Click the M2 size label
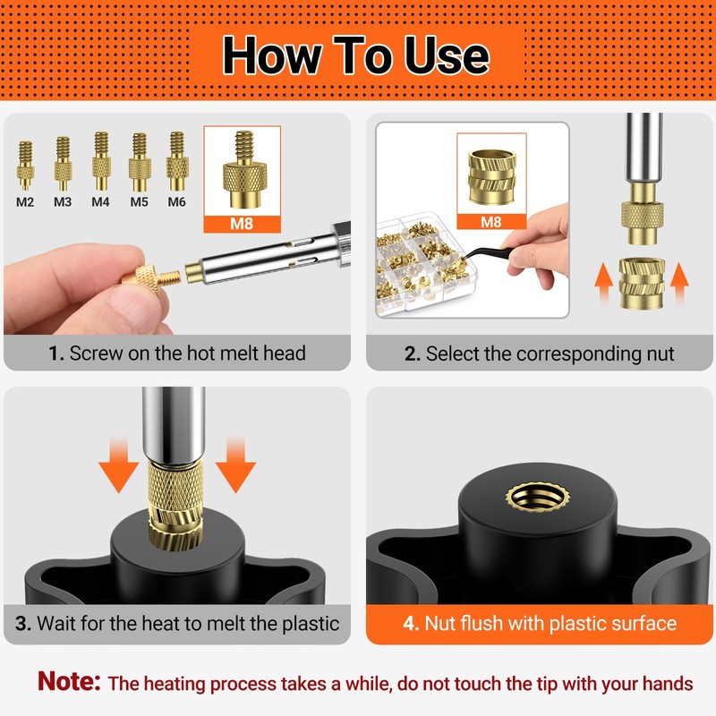[x=25, y=202]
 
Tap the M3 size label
[x=62, y=202]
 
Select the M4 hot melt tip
[x=100, y=157]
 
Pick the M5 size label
[x=139, y=202]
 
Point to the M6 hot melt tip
[x=176, y=156]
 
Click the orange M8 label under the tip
[x=242, y=225]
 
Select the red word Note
[x=69, y=682]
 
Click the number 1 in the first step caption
[x=55, y=354]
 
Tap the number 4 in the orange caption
[x=409, y=623]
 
